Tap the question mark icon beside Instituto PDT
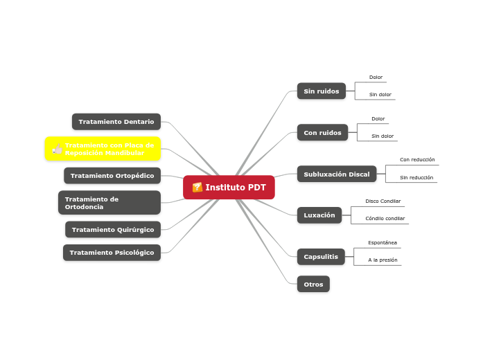tap(197, 188)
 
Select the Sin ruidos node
tap(322, 91)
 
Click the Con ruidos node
tap(322, 132)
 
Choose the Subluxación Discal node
tap(337, 174)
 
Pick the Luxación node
tap(319, 215)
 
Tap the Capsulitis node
tap(321, 257)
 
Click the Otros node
tap(313, 284)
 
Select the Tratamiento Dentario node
tap(116, 122)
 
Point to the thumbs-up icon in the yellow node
tap(58, 149)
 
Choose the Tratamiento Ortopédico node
tap(112, 176)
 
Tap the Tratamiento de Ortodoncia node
tap(109, 203)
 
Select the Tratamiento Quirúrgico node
tap(113, 230)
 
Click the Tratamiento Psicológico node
tap(112, 253)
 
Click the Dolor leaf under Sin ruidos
tap(376, 78)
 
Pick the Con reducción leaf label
tap(417, 160)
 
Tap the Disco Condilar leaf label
tap(383, 201)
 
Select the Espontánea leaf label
tap(383, 243)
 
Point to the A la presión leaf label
tap(383, 260)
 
